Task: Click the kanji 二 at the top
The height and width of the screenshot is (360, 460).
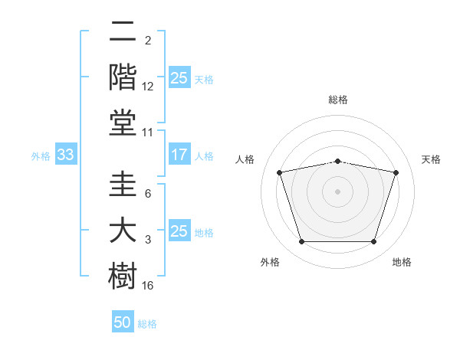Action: [123, 31]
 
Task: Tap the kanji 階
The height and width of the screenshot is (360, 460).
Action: [123, 77]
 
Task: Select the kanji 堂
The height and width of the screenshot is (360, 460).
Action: [123, 123]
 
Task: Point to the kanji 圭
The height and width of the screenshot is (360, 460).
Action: [123, 184]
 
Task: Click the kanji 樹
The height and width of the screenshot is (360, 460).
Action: [123, 276]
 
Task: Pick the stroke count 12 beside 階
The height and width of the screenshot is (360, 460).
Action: [147, 87]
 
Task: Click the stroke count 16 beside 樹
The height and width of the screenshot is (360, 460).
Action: [147, 286]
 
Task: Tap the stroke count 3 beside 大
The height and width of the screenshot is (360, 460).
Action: [148, 240]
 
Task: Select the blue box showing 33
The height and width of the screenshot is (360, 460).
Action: [66, 154]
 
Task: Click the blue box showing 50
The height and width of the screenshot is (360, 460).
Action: [123, 321]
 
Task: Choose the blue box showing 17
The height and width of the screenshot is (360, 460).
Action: [179, 154]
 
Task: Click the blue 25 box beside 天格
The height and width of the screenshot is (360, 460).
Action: [179, 77]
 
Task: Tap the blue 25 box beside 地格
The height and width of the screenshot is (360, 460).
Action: [179, 230]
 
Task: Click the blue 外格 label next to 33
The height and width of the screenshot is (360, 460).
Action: [41, 156]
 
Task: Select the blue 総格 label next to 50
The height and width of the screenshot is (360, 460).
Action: [147, 324]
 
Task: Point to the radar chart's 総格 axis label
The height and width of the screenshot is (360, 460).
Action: [338, 100]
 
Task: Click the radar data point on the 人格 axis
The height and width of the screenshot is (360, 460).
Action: [280, 172]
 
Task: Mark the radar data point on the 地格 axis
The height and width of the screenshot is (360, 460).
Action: [374, 242]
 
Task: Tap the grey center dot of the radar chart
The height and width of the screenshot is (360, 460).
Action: [337, 191]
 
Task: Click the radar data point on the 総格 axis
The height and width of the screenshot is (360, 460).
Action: [338, 162]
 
